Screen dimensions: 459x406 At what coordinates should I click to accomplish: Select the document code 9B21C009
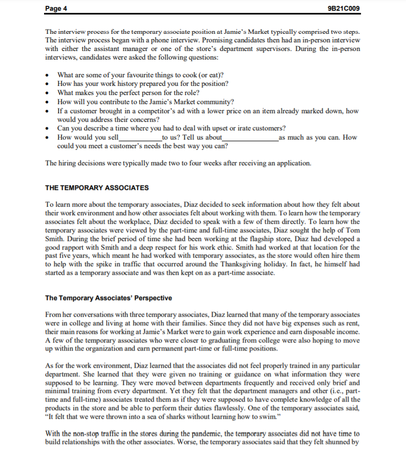click(346, 8)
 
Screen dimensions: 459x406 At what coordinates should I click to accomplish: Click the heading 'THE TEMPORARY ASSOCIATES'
click(97, 187)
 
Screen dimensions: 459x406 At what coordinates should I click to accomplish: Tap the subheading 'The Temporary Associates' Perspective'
click(108, 298)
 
